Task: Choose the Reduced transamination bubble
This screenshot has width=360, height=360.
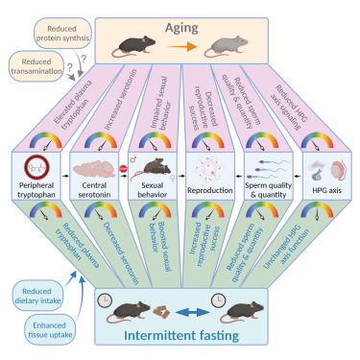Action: coord(36,68)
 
